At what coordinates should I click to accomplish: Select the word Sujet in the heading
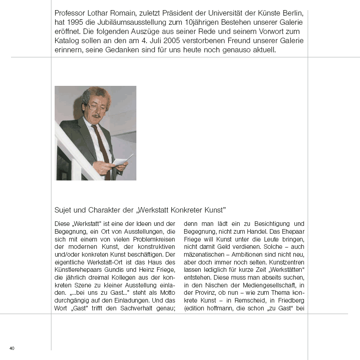63,210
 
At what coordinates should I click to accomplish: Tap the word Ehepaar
291,231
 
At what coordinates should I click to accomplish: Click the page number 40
12,348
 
